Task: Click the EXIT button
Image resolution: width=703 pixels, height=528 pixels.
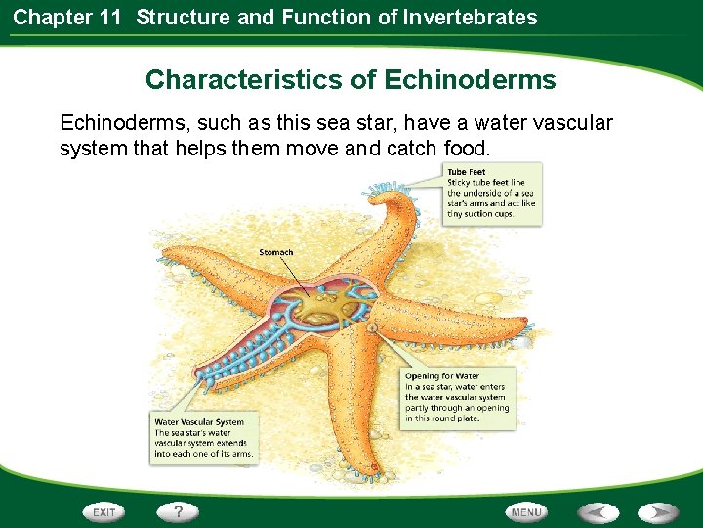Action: [104, 512]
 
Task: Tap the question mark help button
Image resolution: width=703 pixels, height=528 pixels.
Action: [178, 511]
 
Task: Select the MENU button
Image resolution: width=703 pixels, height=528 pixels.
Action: [526, 512]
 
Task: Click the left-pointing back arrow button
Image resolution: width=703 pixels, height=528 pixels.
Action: [598, 512]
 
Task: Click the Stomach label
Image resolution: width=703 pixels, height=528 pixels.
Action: [275, 253]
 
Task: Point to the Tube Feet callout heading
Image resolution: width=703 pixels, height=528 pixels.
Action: [467, 172]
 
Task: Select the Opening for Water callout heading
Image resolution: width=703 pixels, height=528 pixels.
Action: [442, 375]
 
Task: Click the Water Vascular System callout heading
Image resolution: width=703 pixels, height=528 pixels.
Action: [198, 422]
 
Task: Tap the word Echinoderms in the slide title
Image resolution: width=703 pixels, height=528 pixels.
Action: [470, 80]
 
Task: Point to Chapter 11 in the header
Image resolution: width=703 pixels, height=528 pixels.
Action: [65, 17]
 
